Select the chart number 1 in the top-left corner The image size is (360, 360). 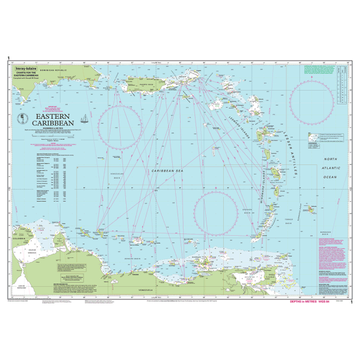(9, 58)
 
